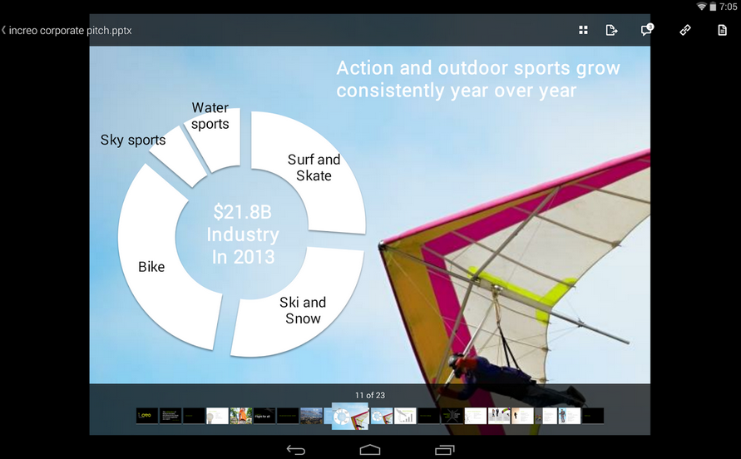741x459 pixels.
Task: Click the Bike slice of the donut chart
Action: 158,266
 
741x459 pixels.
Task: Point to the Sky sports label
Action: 133,140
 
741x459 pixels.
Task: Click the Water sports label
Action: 210,116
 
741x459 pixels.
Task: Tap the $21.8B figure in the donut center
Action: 242,212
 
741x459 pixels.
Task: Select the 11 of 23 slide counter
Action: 369,395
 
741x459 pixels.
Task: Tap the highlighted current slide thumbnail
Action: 350,416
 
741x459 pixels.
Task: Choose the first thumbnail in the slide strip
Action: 147,416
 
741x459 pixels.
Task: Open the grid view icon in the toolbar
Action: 583,30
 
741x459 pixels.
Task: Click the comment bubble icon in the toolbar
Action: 646,30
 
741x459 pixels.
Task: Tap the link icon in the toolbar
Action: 685,30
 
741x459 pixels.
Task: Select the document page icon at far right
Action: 722,30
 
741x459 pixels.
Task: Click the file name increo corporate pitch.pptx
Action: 70,31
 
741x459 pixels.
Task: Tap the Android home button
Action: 370,449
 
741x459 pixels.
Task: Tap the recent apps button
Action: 444,449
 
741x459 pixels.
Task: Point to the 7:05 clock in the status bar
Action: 729,7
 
